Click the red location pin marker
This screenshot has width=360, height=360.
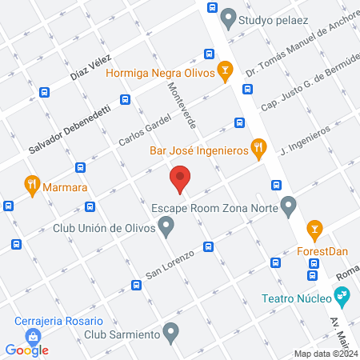[x=180, y=178]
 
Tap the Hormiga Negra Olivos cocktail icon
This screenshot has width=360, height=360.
[x=226, y=70]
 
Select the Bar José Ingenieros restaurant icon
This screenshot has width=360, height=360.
[x=257, y=146]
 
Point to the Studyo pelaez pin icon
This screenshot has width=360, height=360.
[x=229, y=16]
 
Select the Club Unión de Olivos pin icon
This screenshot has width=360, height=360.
[x=166, y=228]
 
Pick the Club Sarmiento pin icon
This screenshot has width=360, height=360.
[x=170, y=330]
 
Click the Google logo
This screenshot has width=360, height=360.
[x=27, y=350]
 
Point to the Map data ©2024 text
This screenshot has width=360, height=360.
[x=326, y=354]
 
